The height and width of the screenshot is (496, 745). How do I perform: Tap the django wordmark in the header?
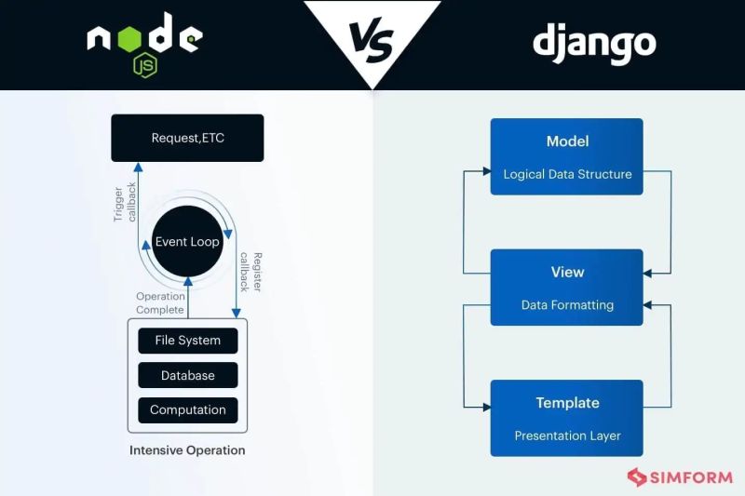(594, 43)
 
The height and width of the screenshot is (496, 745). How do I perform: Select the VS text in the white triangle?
(372, 39)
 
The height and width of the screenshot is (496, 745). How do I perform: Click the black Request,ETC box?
(187, 138)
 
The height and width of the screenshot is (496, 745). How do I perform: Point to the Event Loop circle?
(187, 241)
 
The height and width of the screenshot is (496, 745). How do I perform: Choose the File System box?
(187, 341)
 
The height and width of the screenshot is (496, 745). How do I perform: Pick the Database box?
(187, 375)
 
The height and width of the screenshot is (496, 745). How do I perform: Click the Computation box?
(187, 409)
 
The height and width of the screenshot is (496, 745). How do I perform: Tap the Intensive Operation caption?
(187, 450)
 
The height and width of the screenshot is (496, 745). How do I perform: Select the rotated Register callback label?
(251, 272)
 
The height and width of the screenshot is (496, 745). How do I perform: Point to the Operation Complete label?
(160, 303)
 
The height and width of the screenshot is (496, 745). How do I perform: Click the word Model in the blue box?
(567, 141)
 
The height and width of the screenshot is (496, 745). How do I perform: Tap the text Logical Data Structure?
(567, 174)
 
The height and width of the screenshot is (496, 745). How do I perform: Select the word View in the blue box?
(567, 272)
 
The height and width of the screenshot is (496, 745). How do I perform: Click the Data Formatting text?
(567, 304)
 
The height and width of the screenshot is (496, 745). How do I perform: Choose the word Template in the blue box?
(567, 403)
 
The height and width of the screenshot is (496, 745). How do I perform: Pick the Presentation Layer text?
(567, 436)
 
